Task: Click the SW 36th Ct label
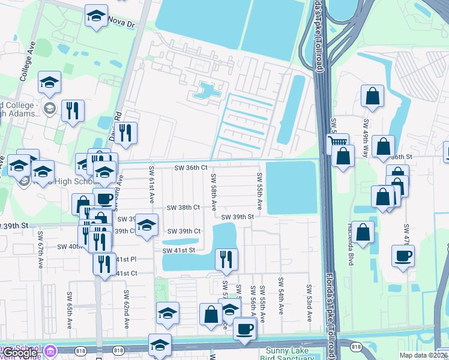(190, 168)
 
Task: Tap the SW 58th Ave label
(214, 192)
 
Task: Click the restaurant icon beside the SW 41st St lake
(226, 259)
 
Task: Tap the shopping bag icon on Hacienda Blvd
(363, 233)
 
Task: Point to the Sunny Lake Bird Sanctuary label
(287, 354)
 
